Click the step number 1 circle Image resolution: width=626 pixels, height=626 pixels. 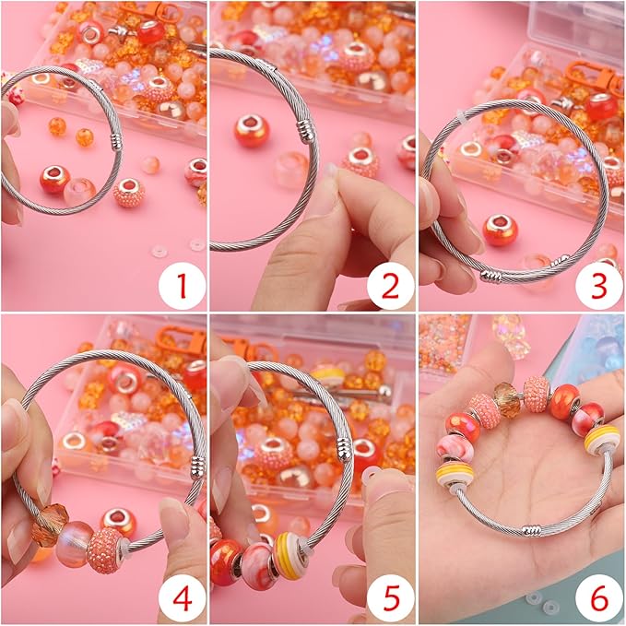[x=181, y=286]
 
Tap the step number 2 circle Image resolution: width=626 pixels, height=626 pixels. [x=390, y=286]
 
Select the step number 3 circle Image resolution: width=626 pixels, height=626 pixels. [x=599, y=286]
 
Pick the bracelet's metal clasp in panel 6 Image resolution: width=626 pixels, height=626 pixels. [x=532, y=531]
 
